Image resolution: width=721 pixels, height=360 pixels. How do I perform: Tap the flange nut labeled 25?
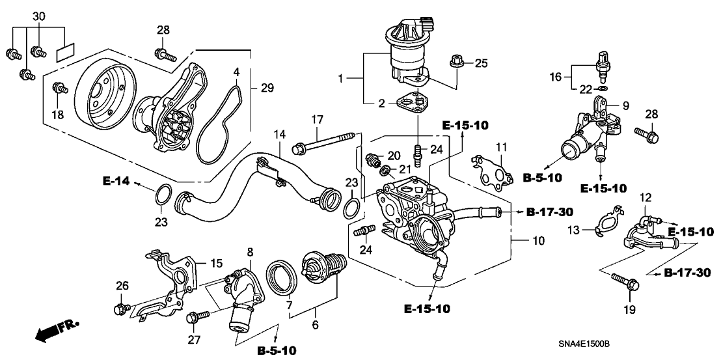pyautogui.click(x=455, y=64)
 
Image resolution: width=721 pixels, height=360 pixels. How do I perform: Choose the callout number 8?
pyautogui.click(x=250, y=252)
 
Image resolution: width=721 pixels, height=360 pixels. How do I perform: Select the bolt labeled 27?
pyautogui.click(x=193, y=318)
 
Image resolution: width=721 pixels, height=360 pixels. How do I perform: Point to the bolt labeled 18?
pyautogui.click(x=58, y=87)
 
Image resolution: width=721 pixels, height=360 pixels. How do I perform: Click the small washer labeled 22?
pyautogui.click(x=603, y=88)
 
